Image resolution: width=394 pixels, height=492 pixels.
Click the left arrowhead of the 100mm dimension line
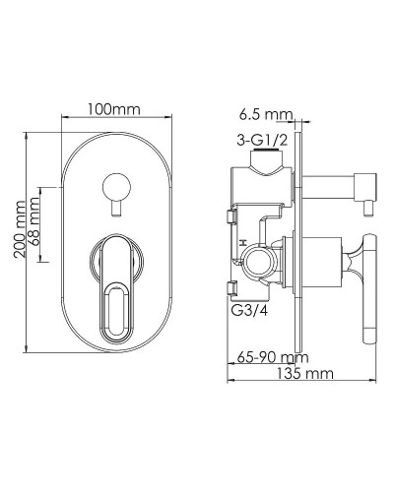66,120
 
